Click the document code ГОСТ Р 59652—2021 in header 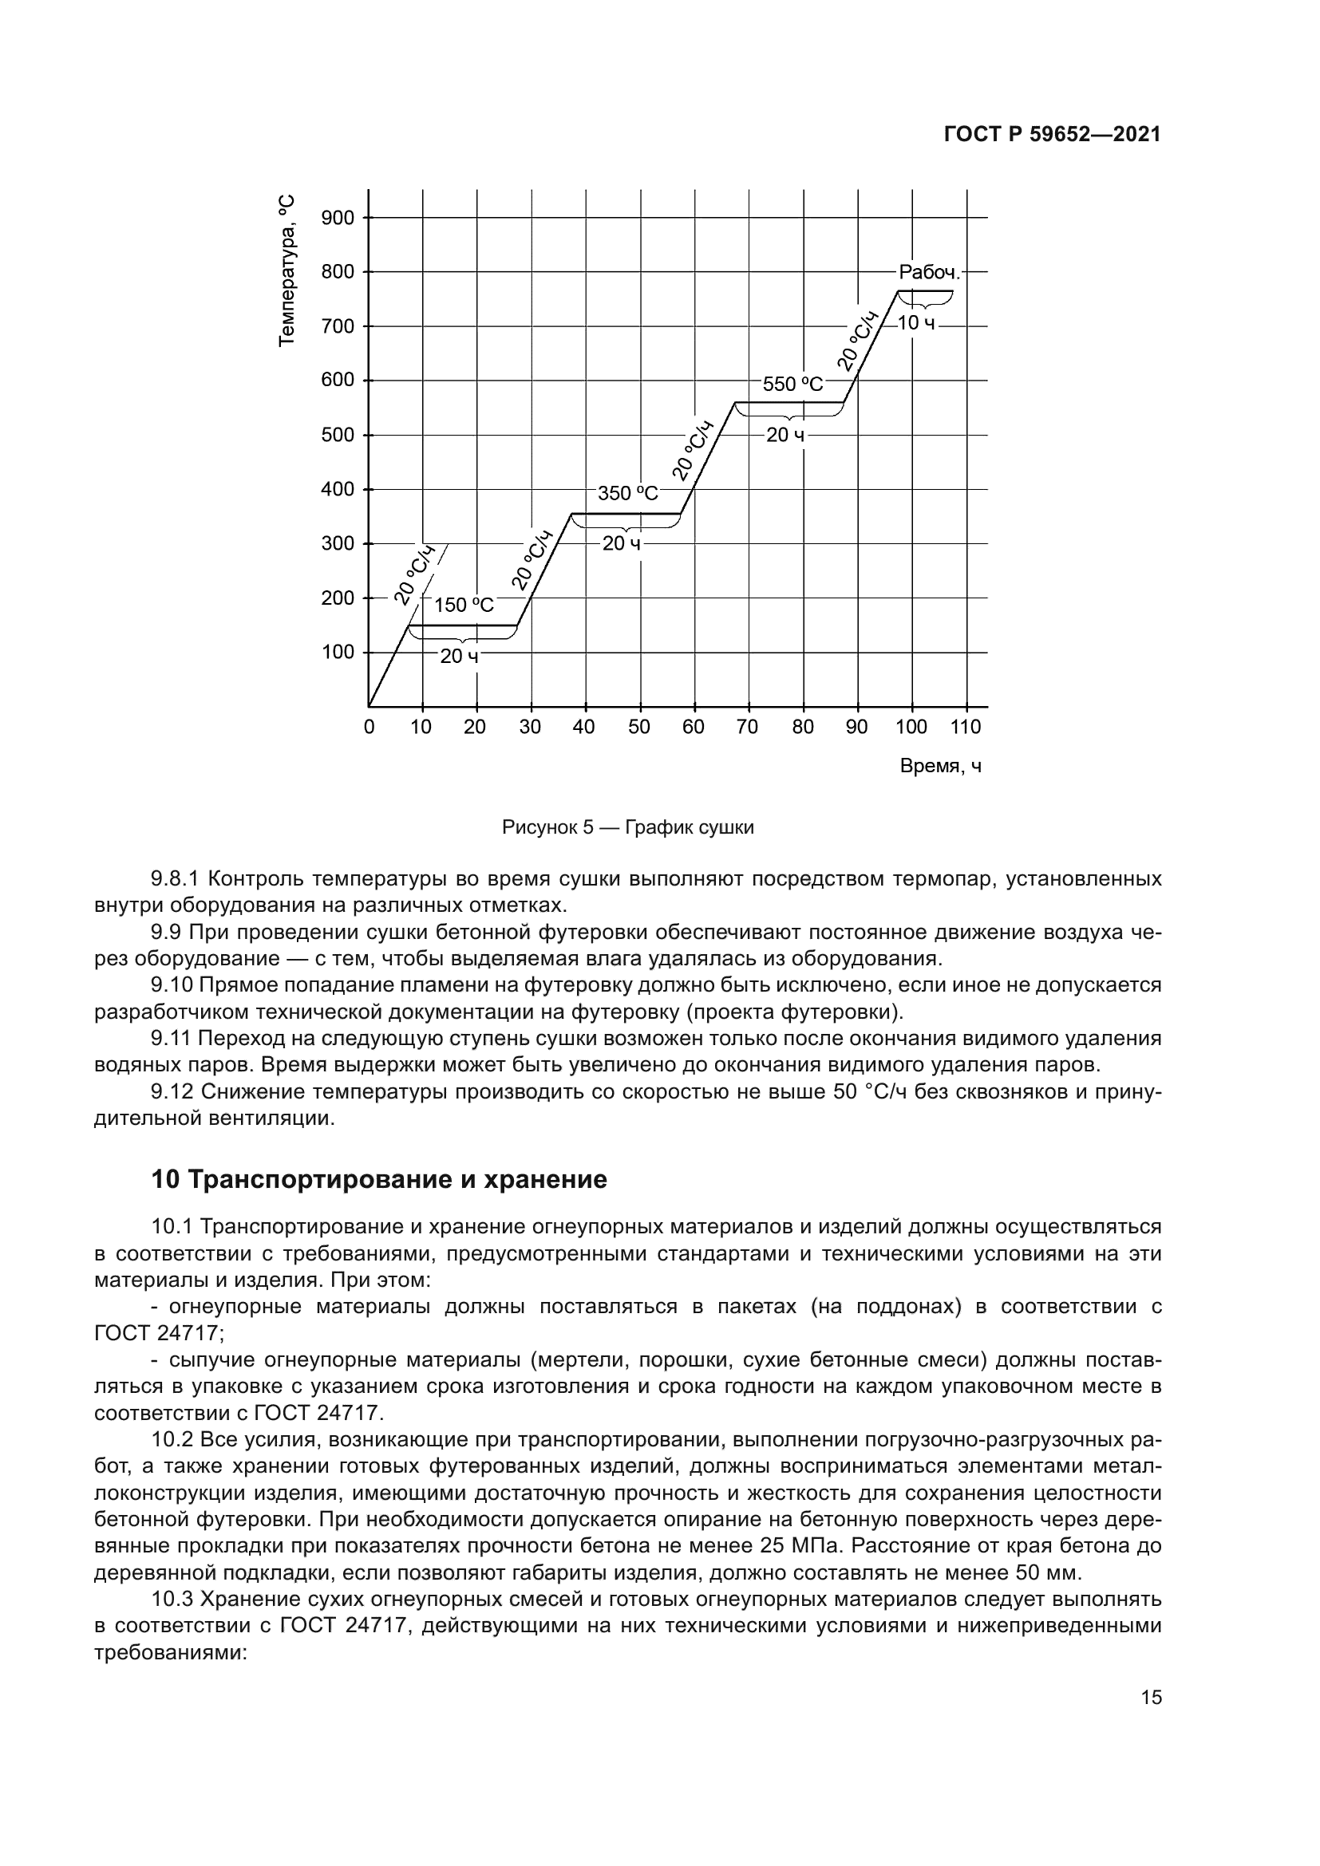pyautogui.click(x=1052, y=135)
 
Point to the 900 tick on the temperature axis pyautogui.click(x=338, y=218)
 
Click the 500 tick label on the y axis pyautogui.click(x=338, y=435)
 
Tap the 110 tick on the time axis pyautogui.click(x=966, y=727)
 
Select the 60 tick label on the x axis pyautogui.click(x=694, y=727)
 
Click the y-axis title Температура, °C pyautogui.click(x=287, y=270)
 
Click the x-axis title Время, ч pyautogui.click(x=940, y=766)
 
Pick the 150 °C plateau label pyautogui.click(x=464, y=605)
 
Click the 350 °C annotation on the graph pyautogui.click(x=627, y=493)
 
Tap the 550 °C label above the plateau pyautogui.click(x=792, y=385)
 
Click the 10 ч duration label pyautogui.click(x=916, y=323)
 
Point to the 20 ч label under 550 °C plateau pyautogui.click(x=785, y=435)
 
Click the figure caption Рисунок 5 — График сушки pyautogui.click(x=627, y=827)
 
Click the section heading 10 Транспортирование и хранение pyautogui.click(x=379, y=1179)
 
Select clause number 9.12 pyautogui.click(x=172, y=1091)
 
